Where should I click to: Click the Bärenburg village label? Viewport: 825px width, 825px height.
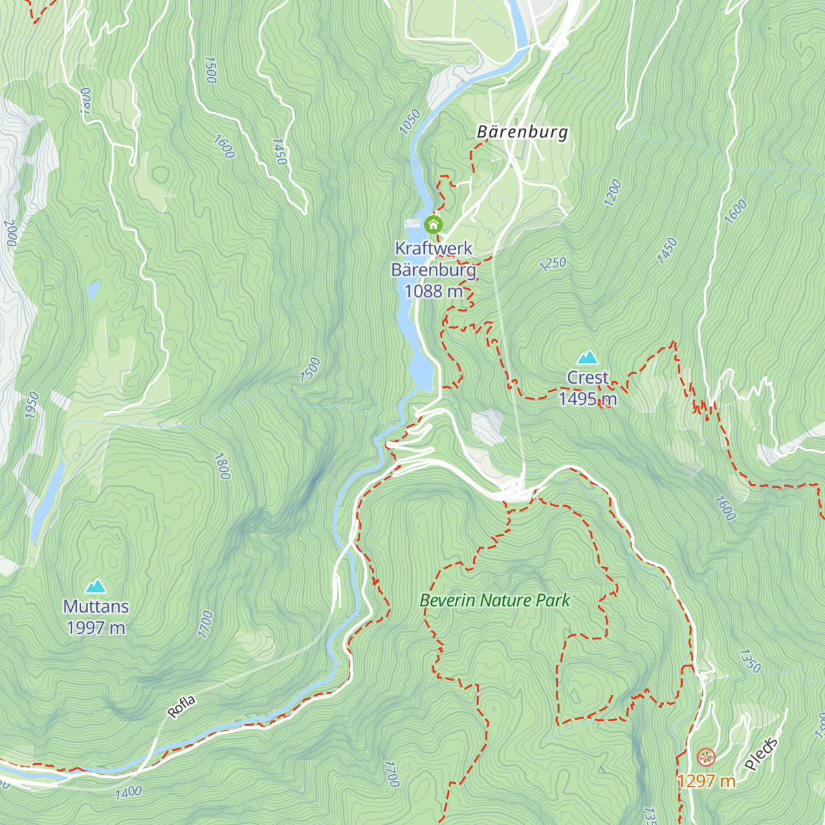point(522,132)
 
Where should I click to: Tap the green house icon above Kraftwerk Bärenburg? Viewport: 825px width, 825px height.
point(433,224)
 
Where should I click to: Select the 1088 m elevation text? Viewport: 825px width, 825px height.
point(433,291)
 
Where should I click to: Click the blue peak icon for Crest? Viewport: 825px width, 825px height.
point(587,357)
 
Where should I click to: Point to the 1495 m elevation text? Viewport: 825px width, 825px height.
point(588,399)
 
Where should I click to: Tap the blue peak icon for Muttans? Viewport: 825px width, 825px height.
point(96,586)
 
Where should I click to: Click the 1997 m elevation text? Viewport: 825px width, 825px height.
point(96,628)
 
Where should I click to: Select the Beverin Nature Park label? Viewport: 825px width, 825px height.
point(495,600)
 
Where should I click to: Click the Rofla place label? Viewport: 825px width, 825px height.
point(182,707)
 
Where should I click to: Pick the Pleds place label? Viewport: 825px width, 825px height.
point(762,753)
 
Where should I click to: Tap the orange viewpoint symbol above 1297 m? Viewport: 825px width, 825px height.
point(706,758)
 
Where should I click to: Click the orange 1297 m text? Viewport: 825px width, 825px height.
point(706,781)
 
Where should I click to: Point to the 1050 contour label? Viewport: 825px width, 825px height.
point(409,122)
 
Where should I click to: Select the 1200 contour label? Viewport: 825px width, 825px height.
point(613,192)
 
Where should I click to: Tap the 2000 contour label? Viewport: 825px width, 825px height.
point(11,234)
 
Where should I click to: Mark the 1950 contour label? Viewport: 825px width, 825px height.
point(32,405)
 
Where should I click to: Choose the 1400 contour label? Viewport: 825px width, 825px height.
point(129,793)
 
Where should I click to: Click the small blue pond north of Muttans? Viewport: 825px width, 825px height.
point(93,289)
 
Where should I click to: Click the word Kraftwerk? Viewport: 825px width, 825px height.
point(433,248)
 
